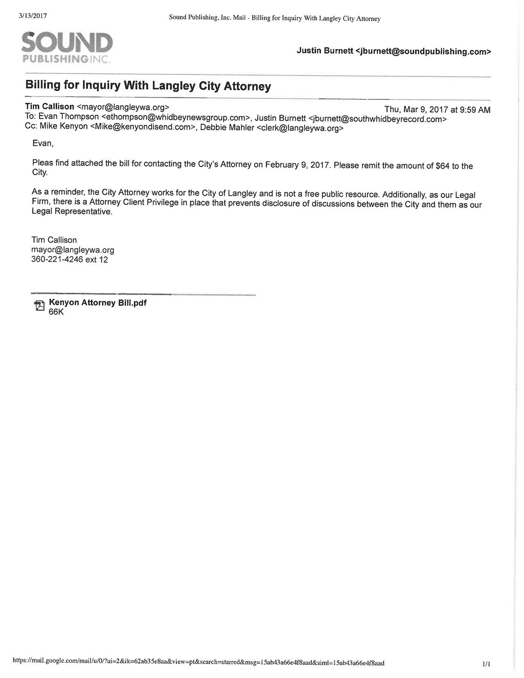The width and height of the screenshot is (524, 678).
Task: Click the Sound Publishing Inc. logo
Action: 67,47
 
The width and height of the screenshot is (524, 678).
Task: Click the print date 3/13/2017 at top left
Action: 33,16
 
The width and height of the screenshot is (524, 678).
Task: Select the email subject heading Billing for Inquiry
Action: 148,86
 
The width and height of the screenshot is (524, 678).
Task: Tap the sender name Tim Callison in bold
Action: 50,106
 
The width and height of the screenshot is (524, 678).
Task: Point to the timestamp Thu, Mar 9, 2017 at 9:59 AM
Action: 437,110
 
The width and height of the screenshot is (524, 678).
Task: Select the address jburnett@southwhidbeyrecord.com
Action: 377,119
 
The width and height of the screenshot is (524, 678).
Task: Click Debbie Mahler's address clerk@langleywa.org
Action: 300,128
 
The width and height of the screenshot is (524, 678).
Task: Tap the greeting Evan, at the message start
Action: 43,144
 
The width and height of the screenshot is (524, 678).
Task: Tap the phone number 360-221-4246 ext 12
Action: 70,260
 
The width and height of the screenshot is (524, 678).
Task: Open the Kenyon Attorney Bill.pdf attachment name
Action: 97,303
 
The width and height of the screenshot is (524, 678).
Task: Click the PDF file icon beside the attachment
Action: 39,306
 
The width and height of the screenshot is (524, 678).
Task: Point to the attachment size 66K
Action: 56,312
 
